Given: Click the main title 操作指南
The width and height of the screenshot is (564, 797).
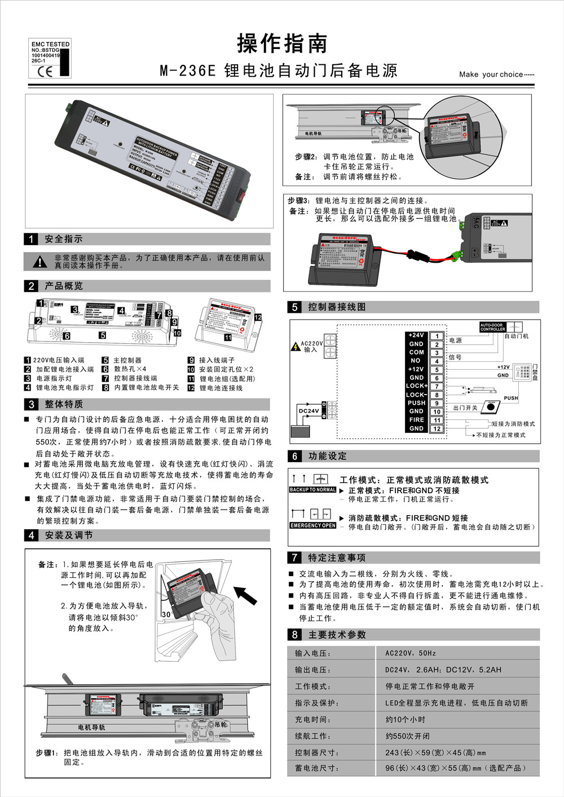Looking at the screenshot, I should [x=282, y=43].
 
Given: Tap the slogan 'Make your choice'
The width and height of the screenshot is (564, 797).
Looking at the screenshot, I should [x=496, y=74].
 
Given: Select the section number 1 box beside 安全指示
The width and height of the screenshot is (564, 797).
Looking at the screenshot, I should [x=31, y=239].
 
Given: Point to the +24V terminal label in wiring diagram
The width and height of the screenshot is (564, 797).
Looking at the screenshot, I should [x=416, y=335].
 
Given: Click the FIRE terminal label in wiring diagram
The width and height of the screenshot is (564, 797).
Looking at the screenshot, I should [x=416, y=420].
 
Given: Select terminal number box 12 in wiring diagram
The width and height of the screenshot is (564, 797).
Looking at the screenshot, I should [x=437, y=429].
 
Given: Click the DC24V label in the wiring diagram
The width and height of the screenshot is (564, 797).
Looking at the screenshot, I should [x=309, y=411].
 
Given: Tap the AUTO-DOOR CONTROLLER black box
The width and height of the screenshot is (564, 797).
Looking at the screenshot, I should [x=492, y=327].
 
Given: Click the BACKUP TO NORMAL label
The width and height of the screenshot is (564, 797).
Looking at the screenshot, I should [x=312, y=490].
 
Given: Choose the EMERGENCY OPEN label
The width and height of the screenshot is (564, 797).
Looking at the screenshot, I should [x=312, y=525].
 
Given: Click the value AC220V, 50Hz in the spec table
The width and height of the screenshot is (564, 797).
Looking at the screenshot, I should [x=411, y=653].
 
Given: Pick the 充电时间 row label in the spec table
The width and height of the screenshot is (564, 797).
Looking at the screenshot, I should [x=312, y=720].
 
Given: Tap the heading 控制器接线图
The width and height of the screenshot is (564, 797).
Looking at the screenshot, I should [x=337, y=307].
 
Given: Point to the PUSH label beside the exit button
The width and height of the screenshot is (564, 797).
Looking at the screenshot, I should [x=510, y=398].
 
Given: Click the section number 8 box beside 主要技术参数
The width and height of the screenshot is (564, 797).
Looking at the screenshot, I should [x=294, y=635].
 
